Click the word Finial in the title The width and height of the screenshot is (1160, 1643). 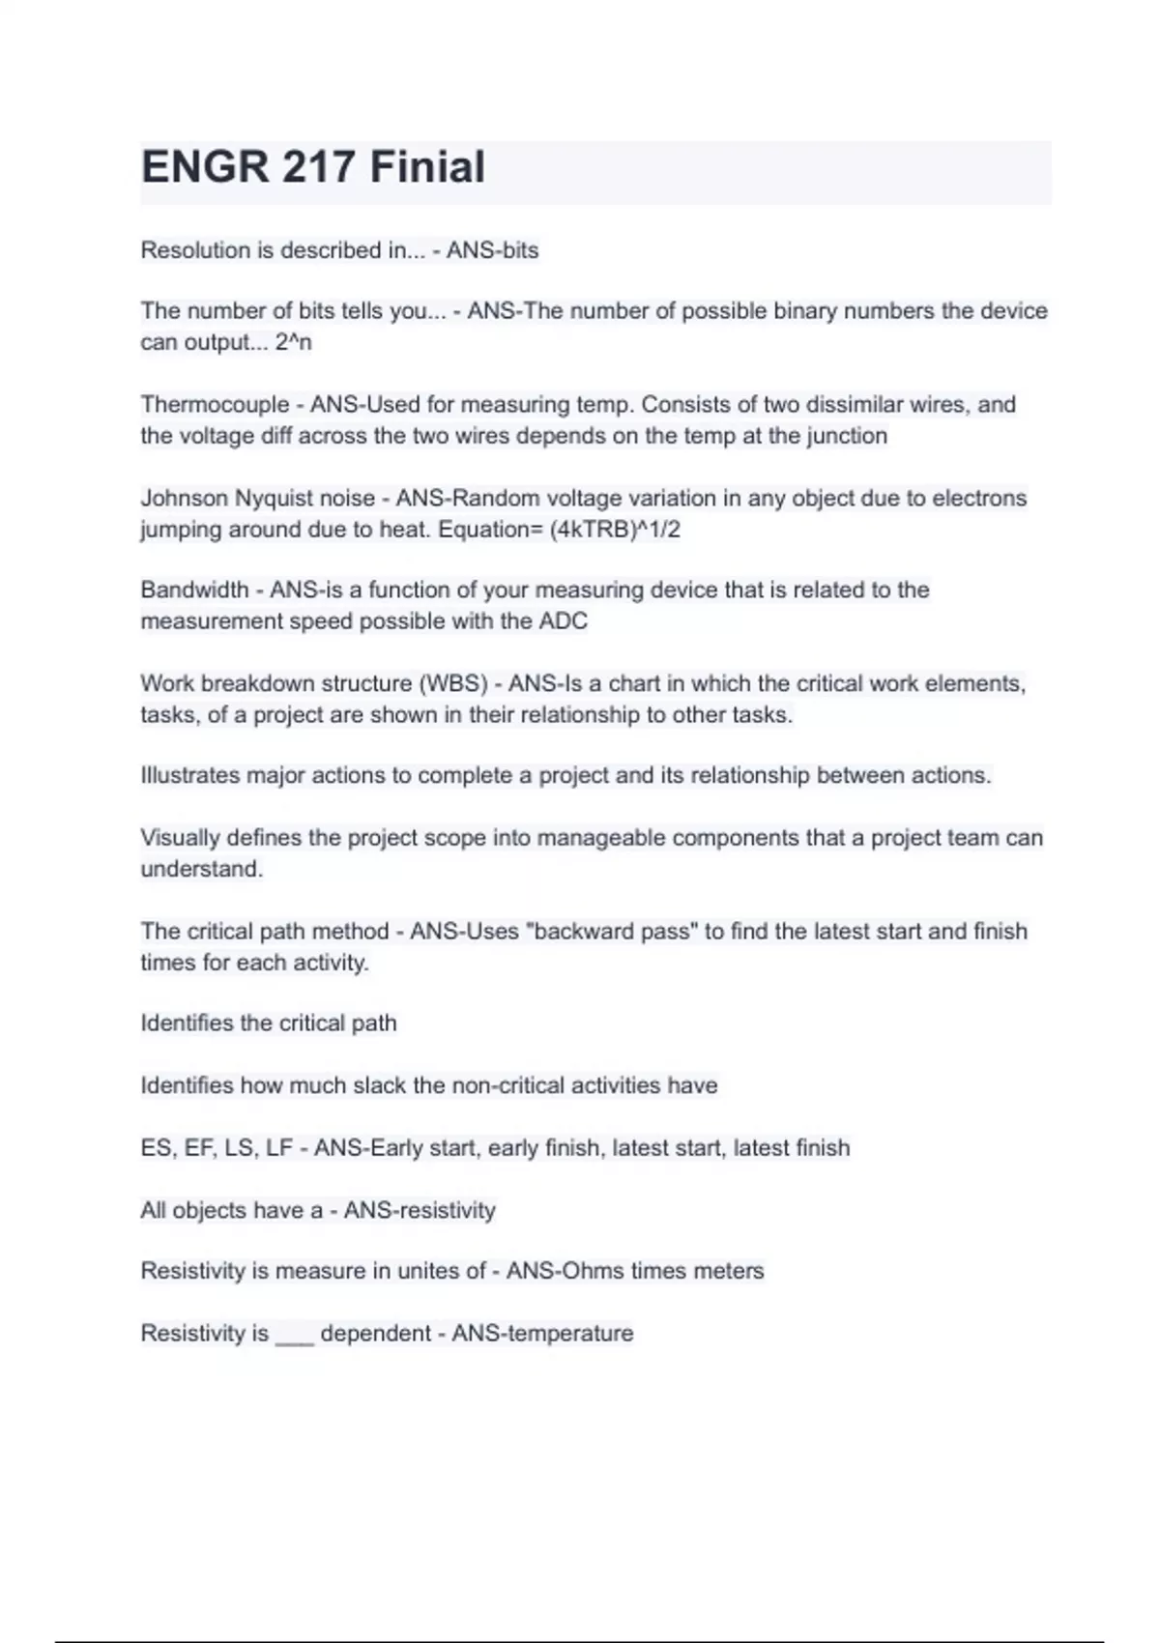pyautogui.click(x=427, y=166)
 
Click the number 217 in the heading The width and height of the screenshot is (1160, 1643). pyautogui.click(x=318, y=166)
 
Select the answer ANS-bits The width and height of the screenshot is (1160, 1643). pyautogui.click(x=492, y=250)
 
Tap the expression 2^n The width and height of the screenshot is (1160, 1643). pyautogui.click(x=293, y=342)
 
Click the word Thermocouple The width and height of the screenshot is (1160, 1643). pyautogui.click(x=215, y=404)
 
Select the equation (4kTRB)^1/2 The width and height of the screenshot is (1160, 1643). pyautogui.click(x=615, y=530)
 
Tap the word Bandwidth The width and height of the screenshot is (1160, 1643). pyautogui.click(x=194, y=590)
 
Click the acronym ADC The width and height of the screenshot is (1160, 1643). pyautogui.click(x=563, y=620)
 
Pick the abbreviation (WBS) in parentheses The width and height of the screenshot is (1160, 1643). pyautogui.click(x=452, y=683)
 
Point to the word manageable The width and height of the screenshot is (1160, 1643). pyautogui.click(x=600, y=837)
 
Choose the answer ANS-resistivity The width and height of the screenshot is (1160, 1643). pyautogui.click(x=420, y=1210)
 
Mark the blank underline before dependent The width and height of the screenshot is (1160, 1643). pyautogui.click(x=294, y=1336)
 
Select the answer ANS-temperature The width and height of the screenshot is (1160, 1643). pyautogui.click(x=542, y=1334)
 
